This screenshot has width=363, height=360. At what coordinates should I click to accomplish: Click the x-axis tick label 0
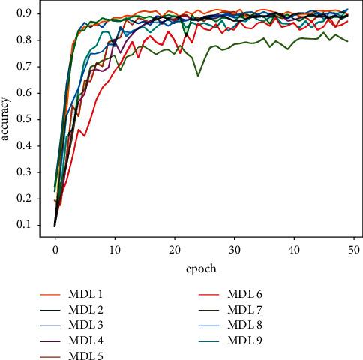(x=55, y=248)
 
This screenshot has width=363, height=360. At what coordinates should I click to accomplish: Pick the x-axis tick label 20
(x=174, y=248)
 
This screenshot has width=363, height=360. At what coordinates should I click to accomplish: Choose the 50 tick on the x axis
(x=353, y=248)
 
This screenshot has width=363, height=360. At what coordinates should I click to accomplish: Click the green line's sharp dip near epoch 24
(x=198, y=76)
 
